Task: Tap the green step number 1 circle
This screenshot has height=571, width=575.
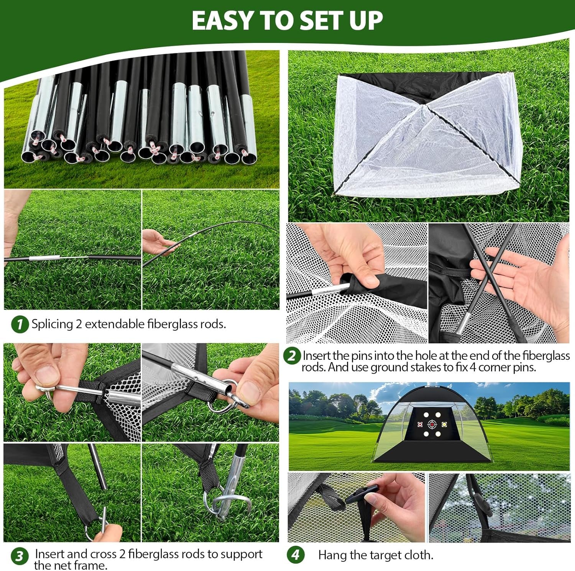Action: pyautogui.click(x=20, y=324)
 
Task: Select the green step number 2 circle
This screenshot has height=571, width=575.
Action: pyautogui.click(x=292, y=356)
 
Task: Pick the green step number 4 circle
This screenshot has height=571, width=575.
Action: pyautogui.click(x=296, y=555)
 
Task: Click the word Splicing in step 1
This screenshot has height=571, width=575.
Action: pyautogui.click(x=52, y=324)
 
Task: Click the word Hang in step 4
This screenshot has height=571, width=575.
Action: pyautogui.click(x=331, y=555)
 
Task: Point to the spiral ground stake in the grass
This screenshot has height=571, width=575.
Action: pyautogui.click(x=224, y=500)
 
